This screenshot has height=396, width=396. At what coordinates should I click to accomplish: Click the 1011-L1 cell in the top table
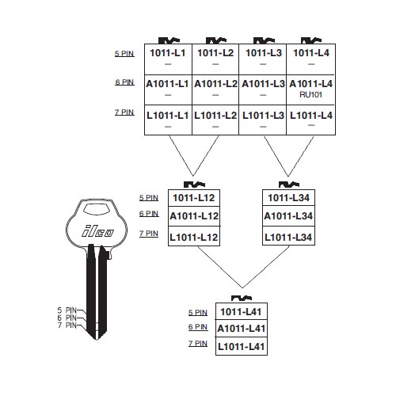168,59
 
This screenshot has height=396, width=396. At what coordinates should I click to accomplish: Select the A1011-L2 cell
215,89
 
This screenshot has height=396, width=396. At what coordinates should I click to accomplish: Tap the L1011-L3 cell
263,120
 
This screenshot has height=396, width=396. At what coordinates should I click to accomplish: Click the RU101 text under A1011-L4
310,95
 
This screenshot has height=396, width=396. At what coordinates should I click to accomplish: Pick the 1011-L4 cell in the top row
311,59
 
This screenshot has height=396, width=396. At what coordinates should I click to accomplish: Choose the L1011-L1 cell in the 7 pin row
168,120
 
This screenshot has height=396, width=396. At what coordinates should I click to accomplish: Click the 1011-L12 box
194,198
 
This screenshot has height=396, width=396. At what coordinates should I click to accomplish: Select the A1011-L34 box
288,216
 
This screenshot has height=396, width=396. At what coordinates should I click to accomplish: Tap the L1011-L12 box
194,236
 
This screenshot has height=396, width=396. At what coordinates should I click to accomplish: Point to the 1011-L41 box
242,311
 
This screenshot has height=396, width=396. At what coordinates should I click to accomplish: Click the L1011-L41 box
242,346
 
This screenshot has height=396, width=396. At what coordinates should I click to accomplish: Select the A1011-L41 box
242,329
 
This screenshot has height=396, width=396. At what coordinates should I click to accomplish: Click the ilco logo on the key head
97,231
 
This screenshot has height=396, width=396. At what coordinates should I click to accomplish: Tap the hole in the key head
97,208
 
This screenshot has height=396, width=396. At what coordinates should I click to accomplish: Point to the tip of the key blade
97,340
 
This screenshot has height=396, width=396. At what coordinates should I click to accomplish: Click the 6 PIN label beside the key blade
67,318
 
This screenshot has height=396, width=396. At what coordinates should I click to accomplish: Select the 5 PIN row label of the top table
124,54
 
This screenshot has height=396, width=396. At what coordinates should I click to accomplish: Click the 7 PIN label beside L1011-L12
149,234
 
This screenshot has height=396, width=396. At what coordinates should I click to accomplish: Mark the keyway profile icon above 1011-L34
289,185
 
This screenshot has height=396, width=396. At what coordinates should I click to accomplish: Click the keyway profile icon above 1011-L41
242,299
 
